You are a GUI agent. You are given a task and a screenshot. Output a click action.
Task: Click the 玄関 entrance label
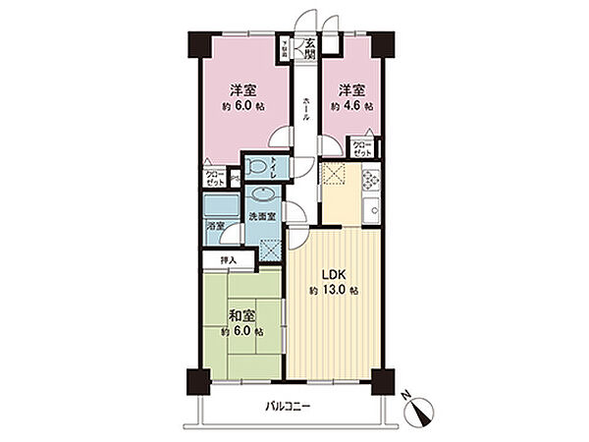[x=308, y=47]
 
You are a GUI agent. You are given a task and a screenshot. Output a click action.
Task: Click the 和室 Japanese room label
[x=241, y=316]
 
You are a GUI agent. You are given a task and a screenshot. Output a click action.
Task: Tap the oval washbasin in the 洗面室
[x=262, y=196]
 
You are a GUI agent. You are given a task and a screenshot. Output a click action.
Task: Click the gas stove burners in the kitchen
[x=372, y=181]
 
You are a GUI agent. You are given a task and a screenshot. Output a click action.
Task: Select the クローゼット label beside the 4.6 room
[x=363, y=149]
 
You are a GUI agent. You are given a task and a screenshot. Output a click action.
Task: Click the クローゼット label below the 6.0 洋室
[x=214, y=178]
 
